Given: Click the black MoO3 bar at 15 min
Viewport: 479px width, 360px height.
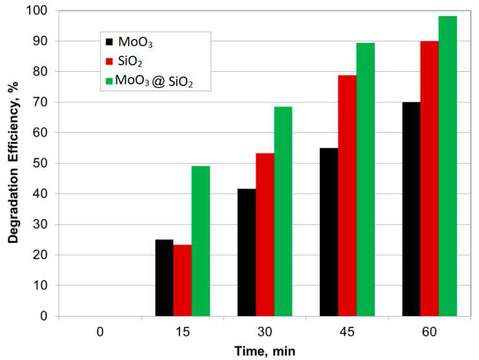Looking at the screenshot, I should click(164, 278).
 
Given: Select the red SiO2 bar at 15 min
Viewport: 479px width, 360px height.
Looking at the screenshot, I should click(183, 280).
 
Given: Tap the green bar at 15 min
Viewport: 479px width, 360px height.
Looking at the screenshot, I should click(201, 241).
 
